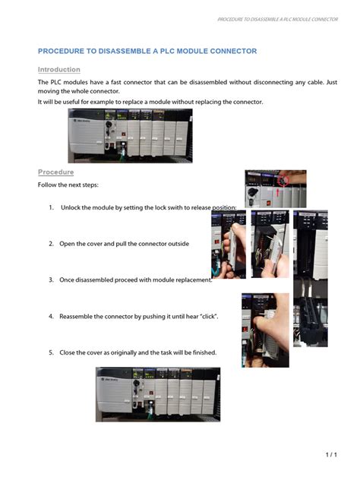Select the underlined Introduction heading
[x=58, y=69]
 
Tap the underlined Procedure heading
[x=55, y=172]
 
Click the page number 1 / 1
[x=330, y=454]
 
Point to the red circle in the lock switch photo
[x=285, y=181]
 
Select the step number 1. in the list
[x=51, y=207]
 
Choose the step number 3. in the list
[x=51, y=279]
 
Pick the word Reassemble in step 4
[x=77, y=316]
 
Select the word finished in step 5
[x=203, y=352]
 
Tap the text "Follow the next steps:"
[x=68, y=185]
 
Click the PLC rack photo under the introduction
[x=129, y=135]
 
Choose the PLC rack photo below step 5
[x=157, y=394]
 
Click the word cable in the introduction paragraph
[x=314, y=82]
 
